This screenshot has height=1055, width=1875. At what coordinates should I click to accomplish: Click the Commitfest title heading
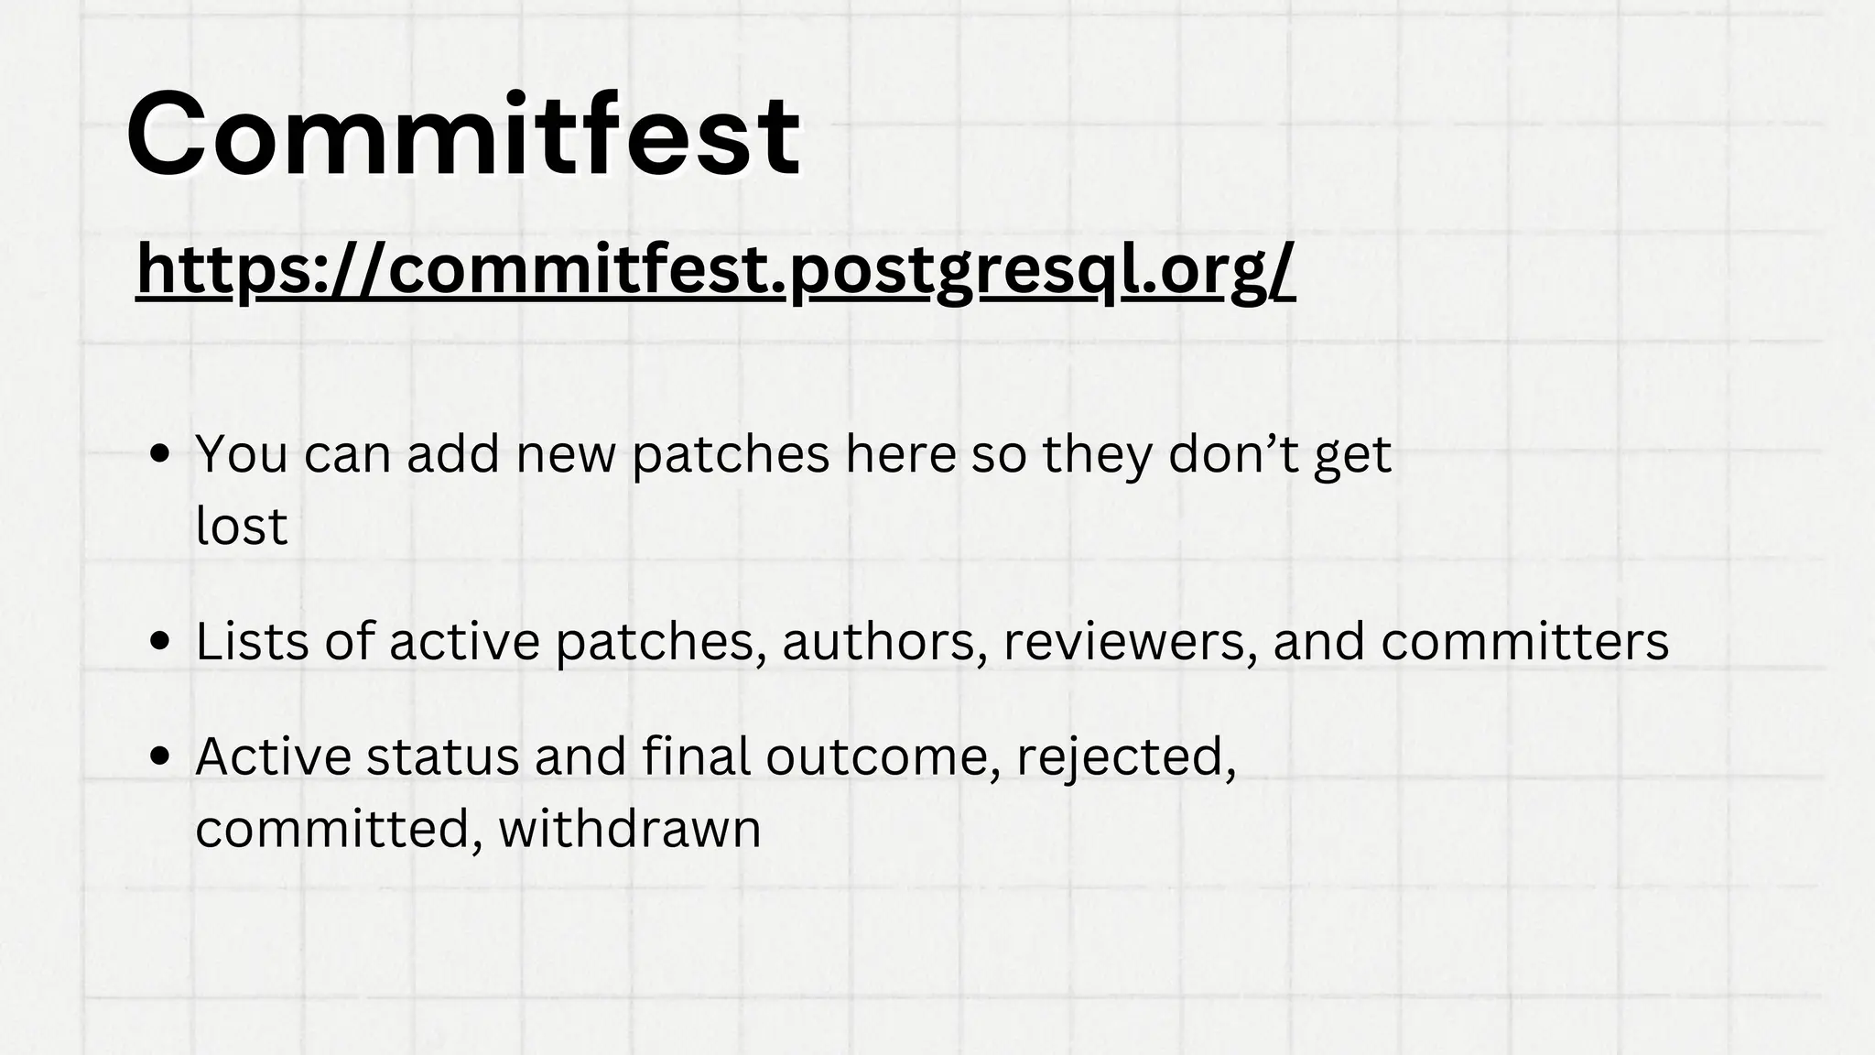[463, 135]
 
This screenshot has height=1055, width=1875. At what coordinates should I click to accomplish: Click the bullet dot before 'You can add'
[161, 455]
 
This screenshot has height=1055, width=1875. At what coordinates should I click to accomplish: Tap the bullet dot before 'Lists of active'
[161, 642]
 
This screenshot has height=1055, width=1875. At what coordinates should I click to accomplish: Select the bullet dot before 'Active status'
[161, 757]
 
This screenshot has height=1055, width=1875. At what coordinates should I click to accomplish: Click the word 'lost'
[242, 526]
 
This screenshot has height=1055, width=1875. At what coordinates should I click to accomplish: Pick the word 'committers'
[1524, 641]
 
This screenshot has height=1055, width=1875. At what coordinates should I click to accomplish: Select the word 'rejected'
[1125, 757]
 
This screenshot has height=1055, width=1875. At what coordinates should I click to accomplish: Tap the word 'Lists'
[252, 641]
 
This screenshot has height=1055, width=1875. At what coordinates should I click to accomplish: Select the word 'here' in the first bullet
[900, 453]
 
